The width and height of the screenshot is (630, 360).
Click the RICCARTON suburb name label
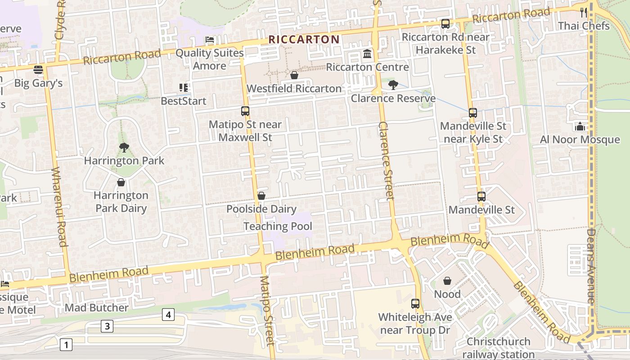(304, 40)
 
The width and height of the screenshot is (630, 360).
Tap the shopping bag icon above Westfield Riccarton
(294, 75)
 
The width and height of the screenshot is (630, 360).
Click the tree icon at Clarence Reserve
(393, 85)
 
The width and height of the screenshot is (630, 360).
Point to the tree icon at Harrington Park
(124, 148)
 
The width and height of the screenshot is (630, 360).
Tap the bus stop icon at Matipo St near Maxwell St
(245, 111)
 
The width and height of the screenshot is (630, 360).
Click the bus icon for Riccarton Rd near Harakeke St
(445, 24)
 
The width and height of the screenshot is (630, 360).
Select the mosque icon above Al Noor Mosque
(580, 126)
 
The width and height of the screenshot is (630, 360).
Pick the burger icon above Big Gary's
(38, 70)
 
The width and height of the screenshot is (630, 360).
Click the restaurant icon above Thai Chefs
(584, 13)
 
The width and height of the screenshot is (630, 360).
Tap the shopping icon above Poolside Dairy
(261, 196)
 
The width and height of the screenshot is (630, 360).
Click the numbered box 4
(168, 315)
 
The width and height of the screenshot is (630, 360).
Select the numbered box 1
(66, 345)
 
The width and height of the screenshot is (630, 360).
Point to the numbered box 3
(107, 326)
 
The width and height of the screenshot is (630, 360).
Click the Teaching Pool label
(278, 226)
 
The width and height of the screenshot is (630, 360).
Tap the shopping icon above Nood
(447, 281)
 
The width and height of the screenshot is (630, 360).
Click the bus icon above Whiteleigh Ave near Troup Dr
(415, 303)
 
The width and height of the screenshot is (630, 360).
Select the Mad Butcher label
(97, 308)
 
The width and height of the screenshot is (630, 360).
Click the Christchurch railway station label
(498, 348)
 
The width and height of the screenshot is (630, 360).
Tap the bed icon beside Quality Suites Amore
(210, 40)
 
